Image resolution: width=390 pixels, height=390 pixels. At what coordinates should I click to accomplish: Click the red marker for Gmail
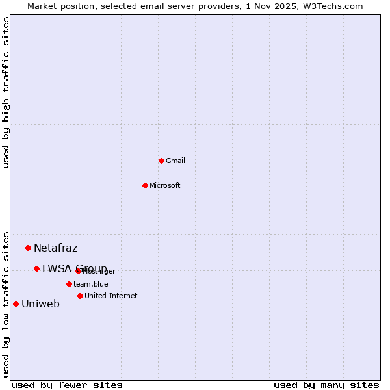coord(161,161)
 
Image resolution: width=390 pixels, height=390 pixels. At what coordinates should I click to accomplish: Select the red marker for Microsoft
coord(145,185)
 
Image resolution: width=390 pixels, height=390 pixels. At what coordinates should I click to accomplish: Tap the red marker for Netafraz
coord(28,248)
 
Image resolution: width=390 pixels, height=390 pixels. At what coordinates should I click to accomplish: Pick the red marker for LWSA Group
coord(36,268)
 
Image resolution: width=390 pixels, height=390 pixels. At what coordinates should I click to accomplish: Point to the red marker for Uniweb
coord(16,304)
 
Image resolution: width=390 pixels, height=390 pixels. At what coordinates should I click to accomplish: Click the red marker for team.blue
coord(69,284)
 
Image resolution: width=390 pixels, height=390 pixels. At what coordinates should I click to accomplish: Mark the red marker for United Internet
coord(80,296)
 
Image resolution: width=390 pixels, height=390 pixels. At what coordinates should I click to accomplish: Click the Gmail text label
coord(175,161)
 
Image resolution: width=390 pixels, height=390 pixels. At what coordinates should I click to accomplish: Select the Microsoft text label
coord(165,186)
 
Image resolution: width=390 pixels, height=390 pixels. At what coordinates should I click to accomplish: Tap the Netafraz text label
coord(56,248)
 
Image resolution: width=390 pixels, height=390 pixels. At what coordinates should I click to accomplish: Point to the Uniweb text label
coord(40,304)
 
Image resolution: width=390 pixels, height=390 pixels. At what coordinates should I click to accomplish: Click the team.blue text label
coord(91,285)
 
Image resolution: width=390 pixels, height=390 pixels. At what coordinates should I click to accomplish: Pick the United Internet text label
coord(111,296)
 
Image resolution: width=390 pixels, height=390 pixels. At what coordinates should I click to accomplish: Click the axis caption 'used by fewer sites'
coord(67,385)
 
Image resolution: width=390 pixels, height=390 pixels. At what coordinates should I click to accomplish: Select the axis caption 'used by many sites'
coord(326,385)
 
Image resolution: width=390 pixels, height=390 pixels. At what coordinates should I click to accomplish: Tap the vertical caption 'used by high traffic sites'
coord(6,92)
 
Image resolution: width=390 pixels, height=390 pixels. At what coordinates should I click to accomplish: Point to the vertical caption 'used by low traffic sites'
coord(6,304)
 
